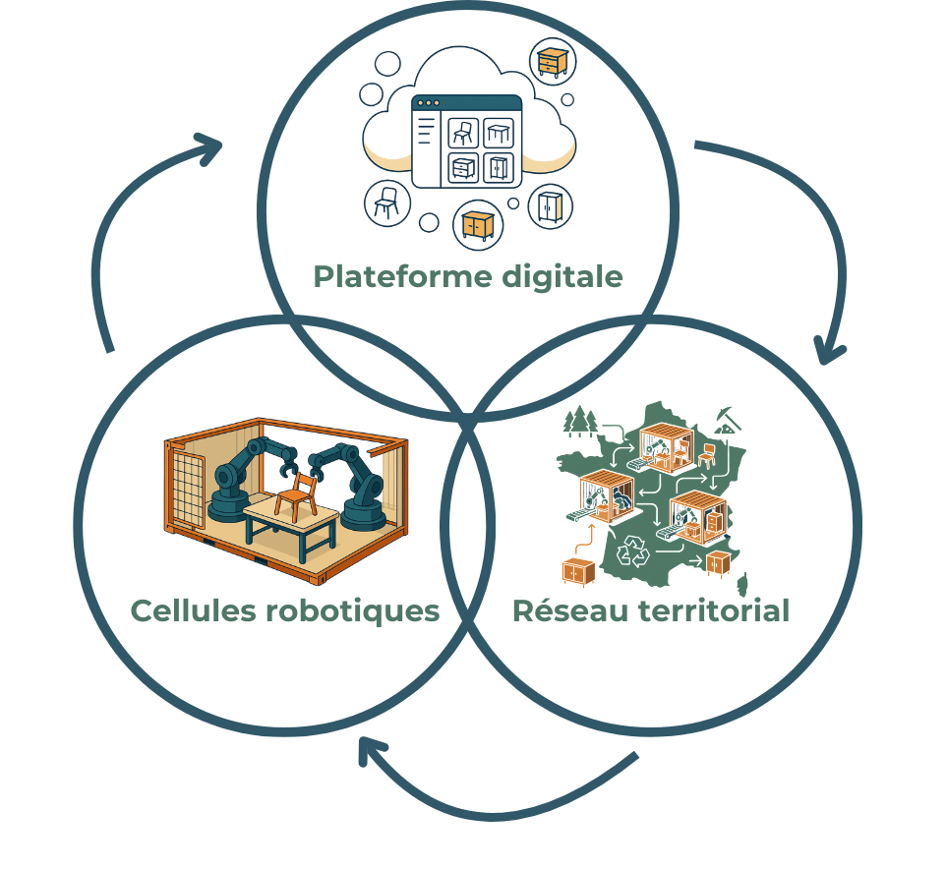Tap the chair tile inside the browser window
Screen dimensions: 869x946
[x=463, y=133]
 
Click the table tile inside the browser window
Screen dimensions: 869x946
[x=499, y=133]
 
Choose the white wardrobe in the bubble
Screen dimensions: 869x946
[x=548, y=207]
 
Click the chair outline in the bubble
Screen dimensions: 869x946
[x=386, y=203]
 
